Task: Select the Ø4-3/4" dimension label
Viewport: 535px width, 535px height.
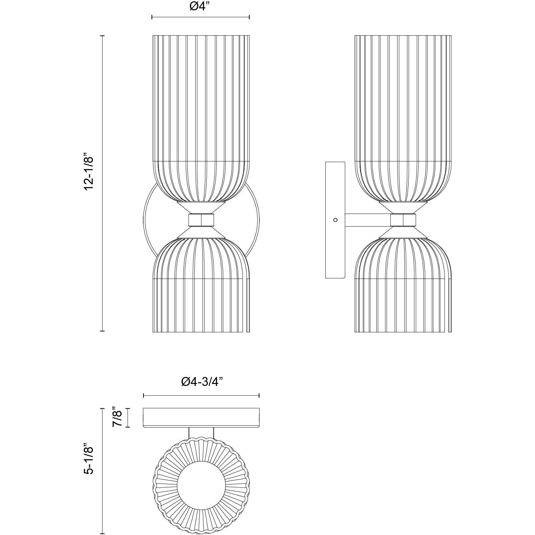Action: point(201,382)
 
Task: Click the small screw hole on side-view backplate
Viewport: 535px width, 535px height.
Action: point(335,220)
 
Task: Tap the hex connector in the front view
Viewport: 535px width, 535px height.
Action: point(201,220)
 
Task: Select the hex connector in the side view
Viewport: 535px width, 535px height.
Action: point(403,220)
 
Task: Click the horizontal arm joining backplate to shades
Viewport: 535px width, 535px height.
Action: point(368,220)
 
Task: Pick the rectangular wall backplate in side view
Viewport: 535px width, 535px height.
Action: point(335,253)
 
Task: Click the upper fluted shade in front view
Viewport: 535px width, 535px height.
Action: point(201,113)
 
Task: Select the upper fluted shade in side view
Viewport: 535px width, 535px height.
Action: point(403,113)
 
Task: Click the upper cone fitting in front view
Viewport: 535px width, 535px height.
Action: point(201,207)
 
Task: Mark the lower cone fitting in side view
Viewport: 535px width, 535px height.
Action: point(403,232)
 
